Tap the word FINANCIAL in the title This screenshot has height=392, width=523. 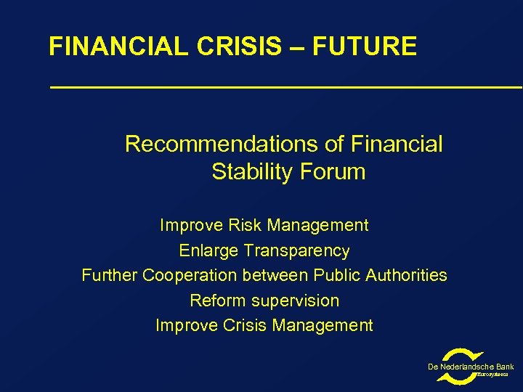click(x=115, y=46)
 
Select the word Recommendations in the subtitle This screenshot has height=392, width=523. click(x=222, y=144)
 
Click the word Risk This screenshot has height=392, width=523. click(x=245, y=226)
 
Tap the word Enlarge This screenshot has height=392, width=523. click(x=209, y=251)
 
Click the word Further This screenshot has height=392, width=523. click(x=109, y=276)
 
